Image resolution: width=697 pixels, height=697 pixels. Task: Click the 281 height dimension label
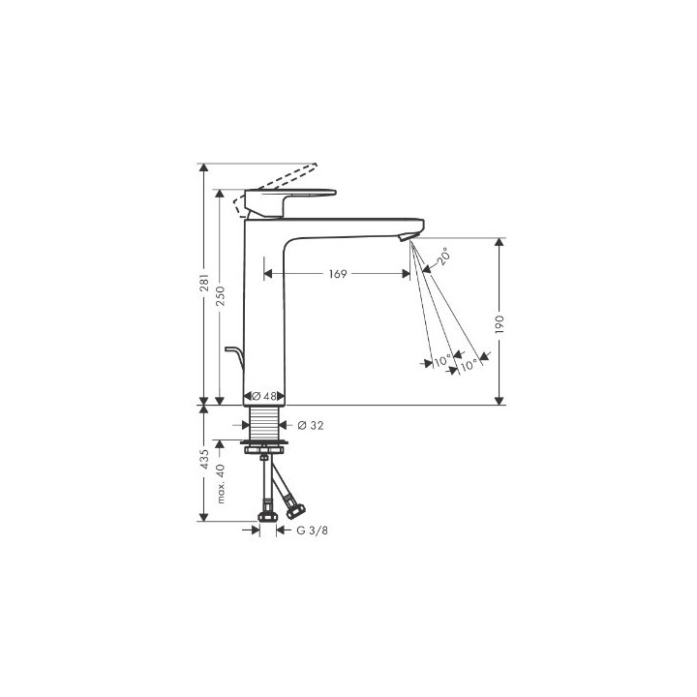pos(204,283)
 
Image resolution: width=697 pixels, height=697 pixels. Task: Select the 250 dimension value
pos(221,295)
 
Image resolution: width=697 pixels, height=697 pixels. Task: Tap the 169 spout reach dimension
pos(338,274)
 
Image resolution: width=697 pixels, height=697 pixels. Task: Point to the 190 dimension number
pos(500,324)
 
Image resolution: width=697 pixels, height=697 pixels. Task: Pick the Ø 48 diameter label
pos(264,396)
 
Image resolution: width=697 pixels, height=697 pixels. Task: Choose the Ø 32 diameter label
pos(311,425)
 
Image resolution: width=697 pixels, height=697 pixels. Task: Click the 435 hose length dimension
pos(204,459)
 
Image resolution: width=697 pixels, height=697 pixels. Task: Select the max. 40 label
pos(221,484)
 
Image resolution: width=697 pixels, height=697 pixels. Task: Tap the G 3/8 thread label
pos(312,530)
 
